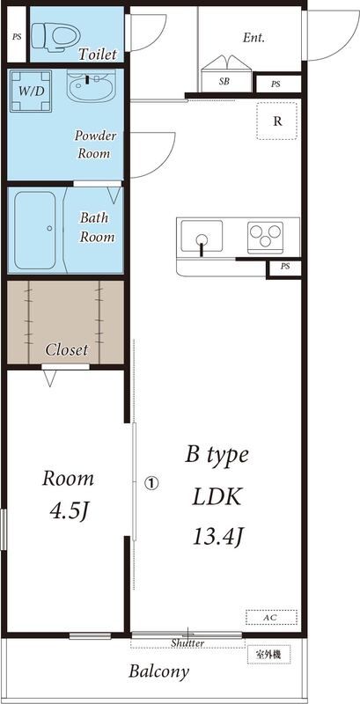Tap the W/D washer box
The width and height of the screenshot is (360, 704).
31,92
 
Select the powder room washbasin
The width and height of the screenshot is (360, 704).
91,85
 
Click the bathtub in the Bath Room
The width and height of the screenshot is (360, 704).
35,231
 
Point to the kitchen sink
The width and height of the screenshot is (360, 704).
202,237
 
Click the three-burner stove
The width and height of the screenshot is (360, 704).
265,234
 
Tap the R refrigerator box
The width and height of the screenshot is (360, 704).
277,121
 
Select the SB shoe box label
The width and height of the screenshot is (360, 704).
224,82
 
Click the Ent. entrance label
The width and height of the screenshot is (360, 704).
253,38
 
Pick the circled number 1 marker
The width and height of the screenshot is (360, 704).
151,482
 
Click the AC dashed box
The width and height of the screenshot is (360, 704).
271,618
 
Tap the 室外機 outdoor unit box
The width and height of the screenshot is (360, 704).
268,654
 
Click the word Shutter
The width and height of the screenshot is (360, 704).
187,643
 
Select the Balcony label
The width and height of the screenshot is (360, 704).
158,672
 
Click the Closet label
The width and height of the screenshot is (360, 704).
66,349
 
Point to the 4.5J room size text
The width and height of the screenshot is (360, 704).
70,510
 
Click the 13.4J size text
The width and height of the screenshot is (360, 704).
218,536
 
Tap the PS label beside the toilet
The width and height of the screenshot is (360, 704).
17,37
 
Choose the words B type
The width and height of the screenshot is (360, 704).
217,456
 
